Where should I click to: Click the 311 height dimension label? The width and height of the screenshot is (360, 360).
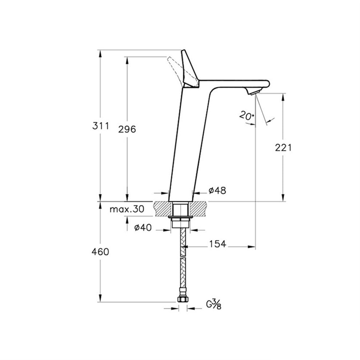(100, 126)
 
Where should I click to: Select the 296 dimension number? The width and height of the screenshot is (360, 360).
(127, 129)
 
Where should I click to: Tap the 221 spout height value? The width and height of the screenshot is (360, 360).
(283, 148)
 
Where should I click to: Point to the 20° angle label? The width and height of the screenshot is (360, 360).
(247, 116)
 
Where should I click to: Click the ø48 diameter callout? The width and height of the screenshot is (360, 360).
(217, 190)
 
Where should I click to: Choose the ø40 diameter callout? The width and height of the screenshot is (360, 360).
(143, 228)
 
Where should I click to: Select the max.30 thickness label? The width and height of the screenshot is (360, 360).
(127, 209)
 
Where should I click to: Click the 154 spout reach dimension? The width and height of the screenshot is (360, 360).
(217, 244)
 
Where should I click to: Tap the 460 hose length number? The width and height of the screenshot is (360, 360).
(100, 252)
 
